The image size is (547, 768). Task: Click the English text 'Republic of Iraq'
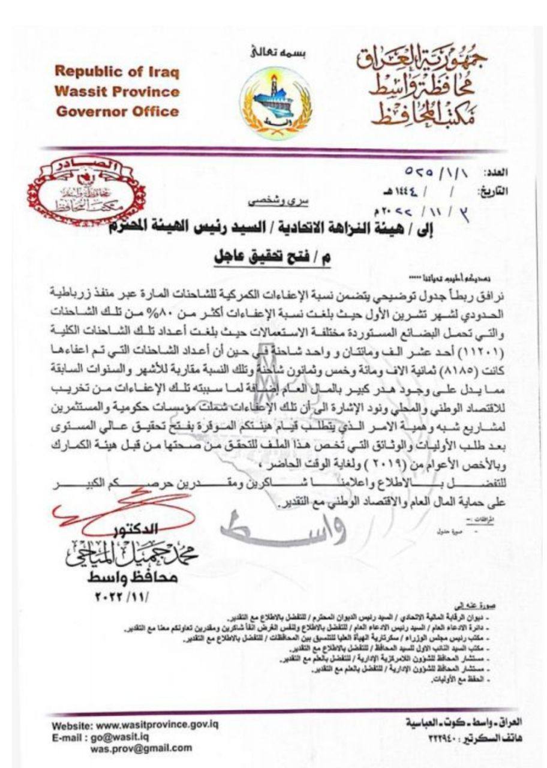click(x=116, y=71)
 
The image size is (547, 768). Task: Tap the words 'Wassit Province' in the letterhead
click(x=116, y=92)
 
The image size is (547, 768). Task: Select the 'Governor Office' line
click(x=116, y=112)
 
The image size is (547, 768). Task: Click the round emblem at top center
click(x=275, y=101)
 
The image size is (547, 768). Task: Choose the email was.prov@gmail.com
click(x=141, y=748)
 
